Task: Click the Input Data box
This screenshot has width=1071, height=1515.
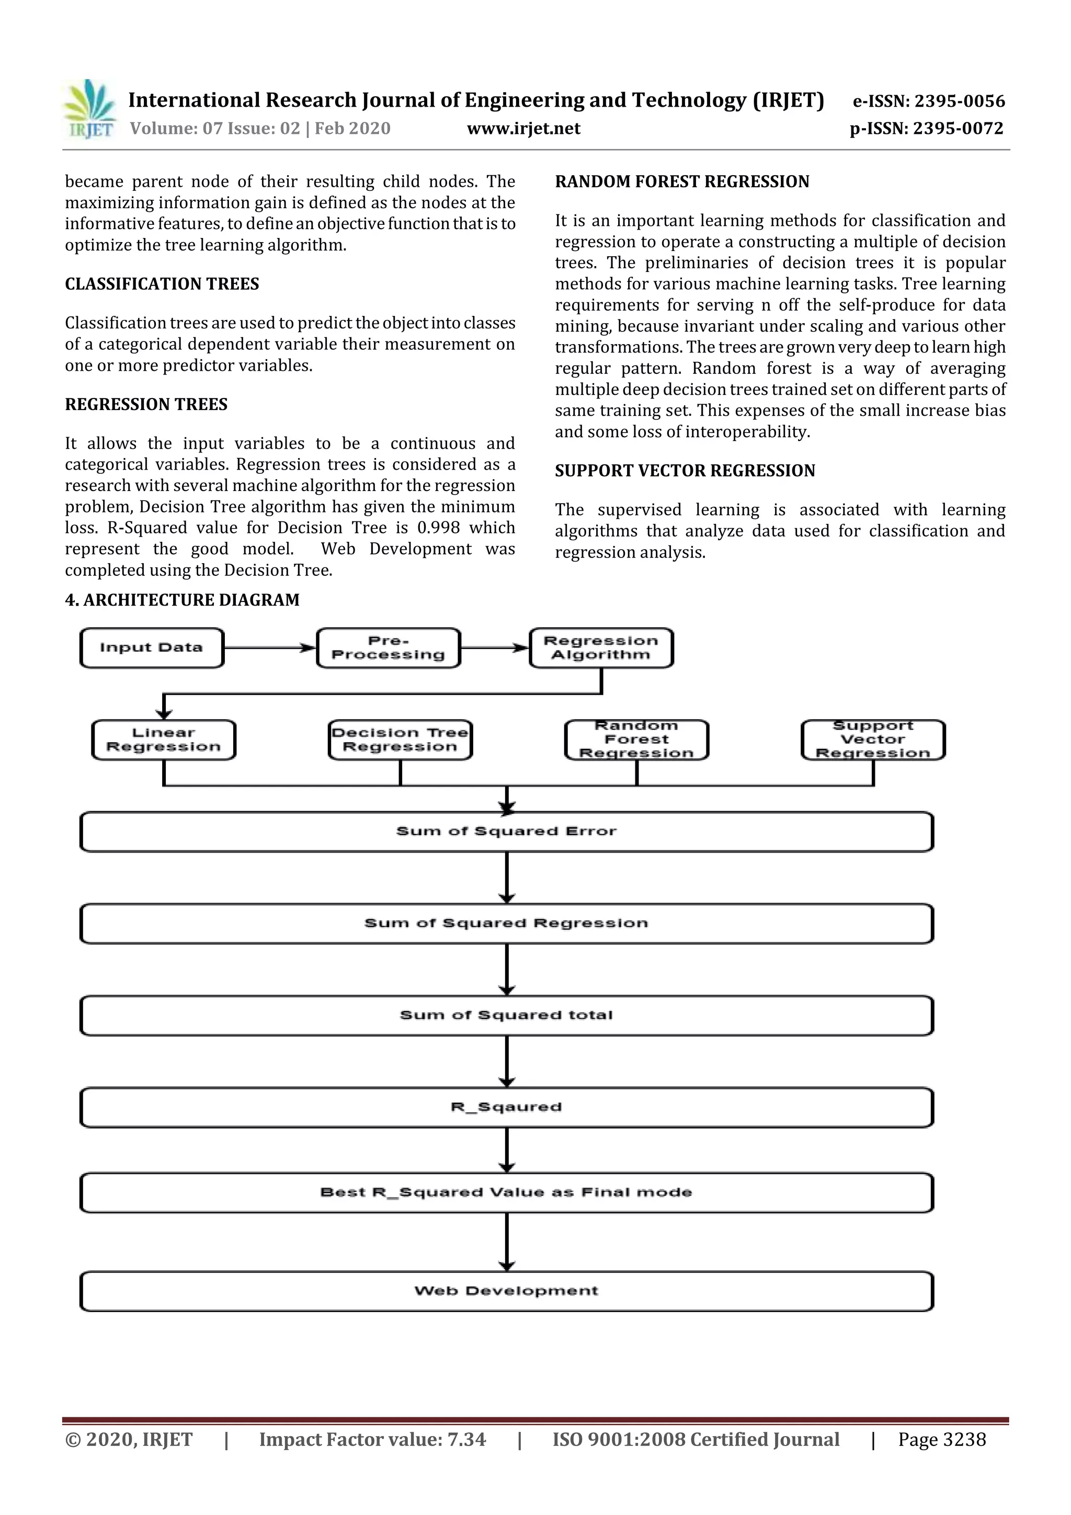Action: (152, 648)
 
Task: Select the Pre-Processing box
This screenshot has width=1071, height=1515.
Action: (388, 648)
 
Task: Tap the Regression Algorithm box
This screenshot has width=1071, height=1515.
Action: (601, 648)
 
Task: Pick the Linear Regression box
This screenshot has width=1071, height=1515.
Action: (164, 739)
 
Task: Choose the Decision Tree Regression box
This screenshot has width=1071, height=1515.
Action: (400, 739)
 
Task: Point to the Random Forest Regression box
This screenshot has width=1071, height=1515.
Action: (636, 739)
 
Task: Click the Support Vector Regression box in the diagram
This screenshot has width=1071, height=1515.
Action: (872, 739)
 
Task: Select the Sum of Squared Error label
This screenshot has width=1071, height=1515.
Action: (506, 831)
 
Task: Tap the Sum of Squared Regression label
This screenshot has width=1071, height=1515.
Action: (506, 923)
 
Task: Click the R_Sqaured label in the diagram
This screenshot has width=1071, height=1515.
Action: (506, 1107)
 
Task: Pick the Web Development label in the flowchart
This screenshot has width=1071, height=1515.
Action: (506, 1291)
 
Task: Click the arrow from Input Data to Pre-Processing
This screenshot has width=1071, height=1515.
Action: (270, 648)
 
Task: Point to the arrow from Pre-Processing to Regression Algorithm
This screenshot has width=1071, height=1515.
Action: (495, 648)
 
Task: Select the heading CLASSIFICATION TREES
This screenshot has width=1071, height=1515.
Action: (162, 284)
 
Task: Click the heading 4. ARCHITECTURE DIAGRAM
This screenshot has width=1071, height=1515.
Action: (182, 600)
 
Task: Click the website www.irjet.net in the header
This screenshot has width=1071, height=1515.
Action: (523, 128)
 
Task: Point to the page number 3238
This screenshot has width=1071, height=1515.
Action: (964, 1439)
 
